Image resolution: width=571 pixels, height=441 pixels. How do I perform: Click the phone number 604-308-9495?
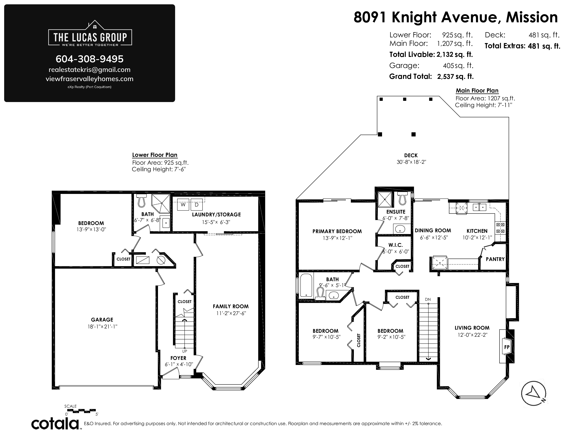pos(89,59)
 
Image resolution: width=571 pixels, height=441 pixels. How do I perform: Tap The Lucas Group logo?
pos(90,34)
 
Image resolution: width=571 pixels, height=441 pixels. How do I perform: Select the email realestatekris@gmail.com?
pos(89,70)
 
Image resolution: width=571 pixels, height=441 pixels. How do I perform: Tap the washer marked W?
pos(183,205)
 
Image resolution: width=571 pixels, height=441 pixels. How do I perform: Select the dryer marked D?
pos(197,205)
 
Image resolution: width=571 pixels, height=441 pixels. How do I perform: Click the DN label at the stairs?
pos(428,299)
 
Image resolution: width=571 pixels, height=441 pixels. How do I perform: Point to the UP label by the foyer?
pos(185,351)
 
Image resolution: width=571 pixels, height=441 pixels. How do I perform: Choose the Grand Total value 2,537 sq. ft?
pos(455,77)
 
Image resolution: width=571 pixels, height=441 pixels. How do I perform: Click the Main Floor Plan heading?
pos(477,91)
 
